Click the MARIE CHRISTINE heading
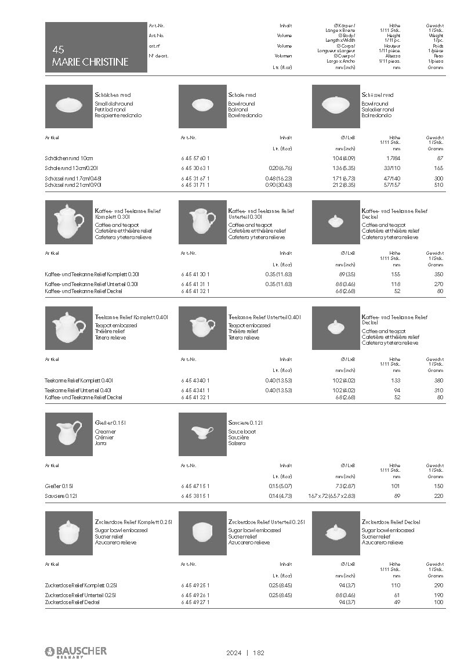90,62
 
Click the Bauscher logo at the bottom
76,652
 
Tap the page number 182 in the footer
259,653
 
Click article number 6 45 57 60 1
195,158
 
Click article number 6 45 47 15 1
195,485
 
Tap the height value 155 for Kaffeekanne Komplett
396,273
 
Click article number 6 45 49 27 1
195,602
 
